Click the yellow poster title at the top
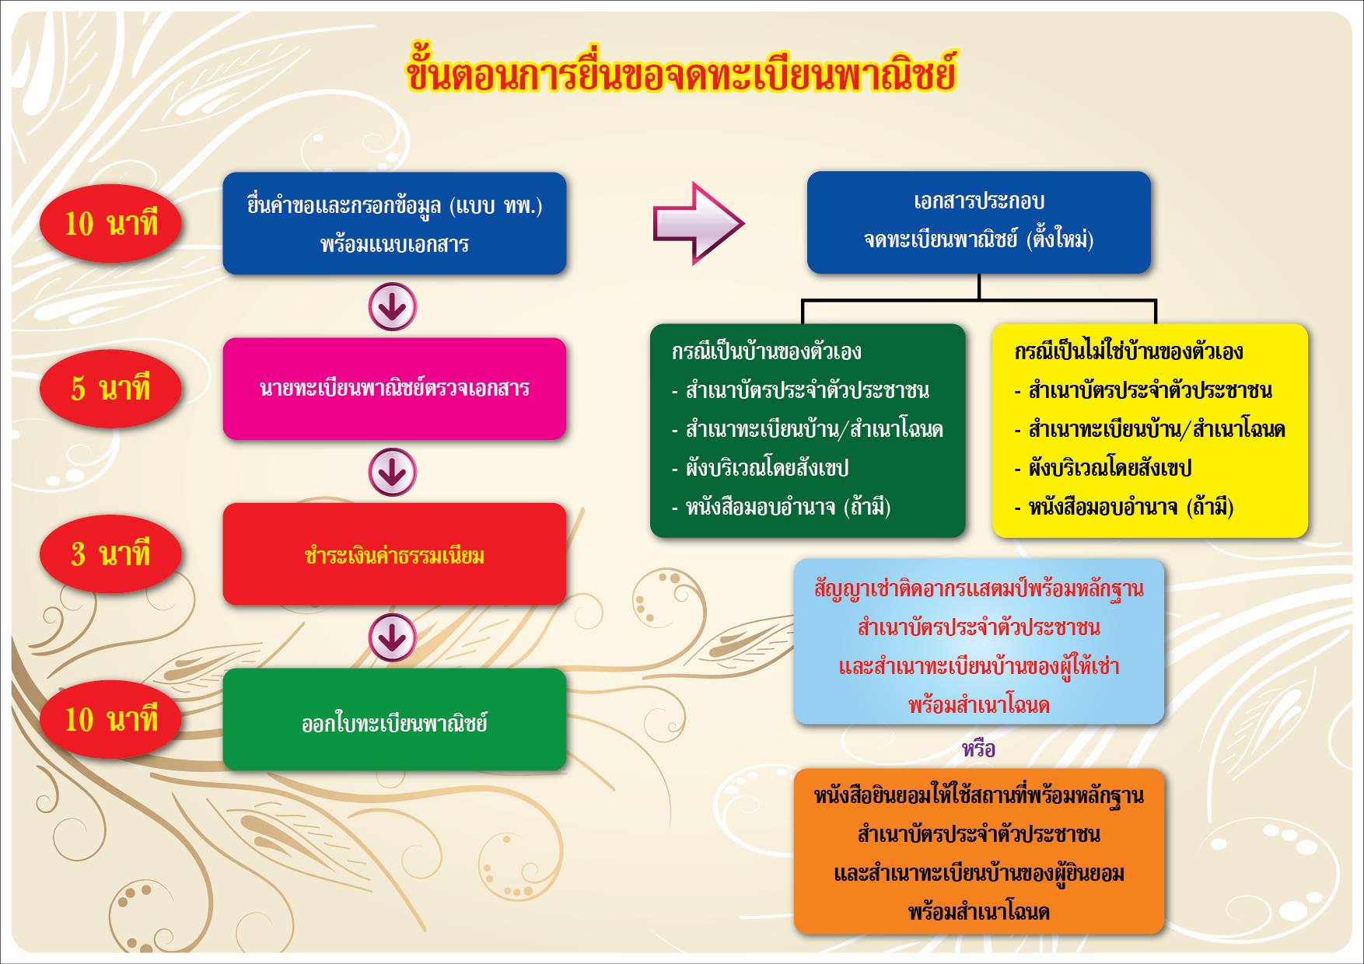(x=680, y=72)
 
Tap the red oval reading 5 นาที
(x=110, y=388)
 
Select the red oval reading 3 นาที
(x=110, y=554)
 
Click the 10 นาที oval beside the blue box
(x=110, y=224)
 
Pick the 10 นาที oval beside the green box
(x=110, y=719)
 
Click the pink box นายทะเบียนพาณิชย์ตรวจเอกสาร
(x=394, y=389)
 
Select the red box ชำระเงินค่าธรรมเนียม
(x=394, y=554)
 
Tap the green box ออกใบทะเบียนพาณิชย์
(x=394, y=720)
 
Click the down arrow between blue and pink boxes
(x=393, y=306)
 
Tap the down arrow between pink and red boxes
(x=393, y=472)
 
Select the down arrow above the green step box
(x=393, y=637)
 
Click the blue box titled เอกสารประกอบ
(x=978, y=222)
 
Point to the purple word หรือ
(x=978, y=749)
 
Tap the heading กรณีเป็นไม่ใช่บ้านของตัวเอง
(x=1128, y=351)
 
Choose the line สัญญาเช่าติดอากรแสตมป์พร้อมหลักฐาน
(x=979, y=589)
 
